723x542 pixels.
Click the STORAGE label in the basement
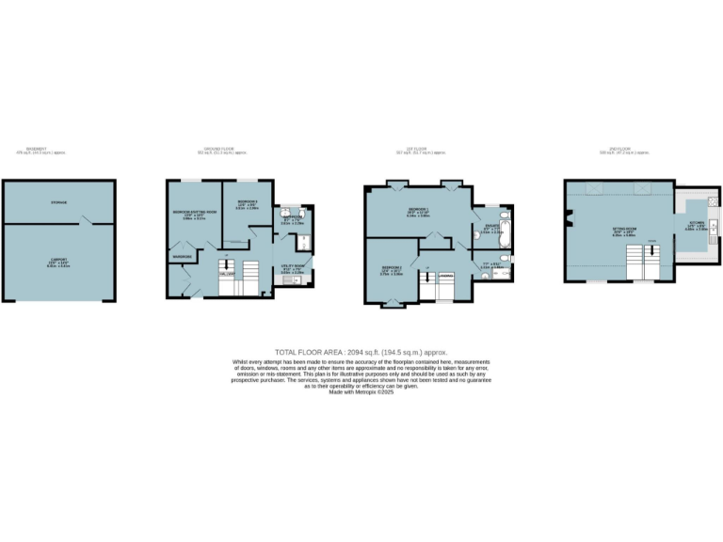(58, 202)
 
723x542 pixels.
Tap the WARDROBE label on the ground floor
(182, 256)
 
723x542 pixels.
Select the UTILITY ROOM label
(293, 267)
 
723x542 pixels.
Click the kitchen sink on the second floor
(716, 227)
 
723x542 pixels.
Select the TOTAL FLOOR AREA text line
(361, 351)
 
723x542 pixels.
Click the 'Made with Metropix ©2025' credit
(361, 391)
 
